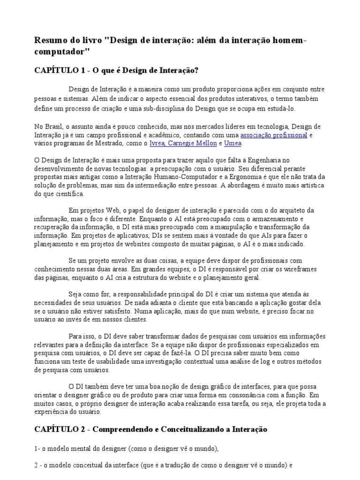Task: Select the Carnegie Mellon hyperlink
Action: (x=194, y=143)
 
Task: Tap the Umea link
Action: (x=233, y=143)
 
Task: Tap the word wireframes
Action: (x=300, y=269)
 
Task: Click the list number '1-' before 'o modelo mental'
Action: (x=38, y=449)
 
